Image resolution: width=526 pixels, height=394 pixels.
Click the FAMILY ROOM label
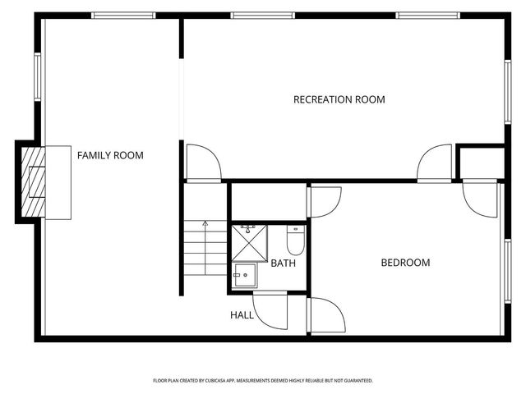pos(110,155)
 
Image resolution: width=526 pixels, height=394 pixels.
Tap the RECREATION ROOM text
pos(339,100)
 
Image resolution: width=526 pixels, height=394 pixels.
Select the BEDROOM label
pos(405,263)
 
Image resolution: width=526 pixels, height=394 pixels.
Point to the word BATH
pos(283,263)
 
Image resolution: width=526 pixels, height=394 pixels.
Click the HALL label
pos(242,314)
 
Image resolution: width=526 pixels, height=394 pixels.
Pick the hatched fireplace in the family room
pos(33,181)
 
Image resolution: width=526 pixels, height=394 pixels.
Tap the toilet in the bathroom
pos(295,241)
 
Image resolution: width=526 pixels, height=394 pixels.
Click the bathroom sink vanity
pos(244,275)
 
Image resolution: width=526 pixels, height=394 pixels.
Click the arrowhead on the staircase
pos(205,222)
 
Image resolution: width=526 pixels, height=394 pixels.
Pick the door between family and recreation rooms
pos(203,163)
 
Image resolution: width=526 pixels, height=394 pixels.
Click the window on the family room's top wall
pos(123,15)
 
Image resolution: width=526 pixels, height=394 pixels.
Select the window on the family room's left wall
pos(37,78)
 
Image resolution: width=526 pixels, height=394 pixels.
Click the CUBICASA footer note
pos(263,381)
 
